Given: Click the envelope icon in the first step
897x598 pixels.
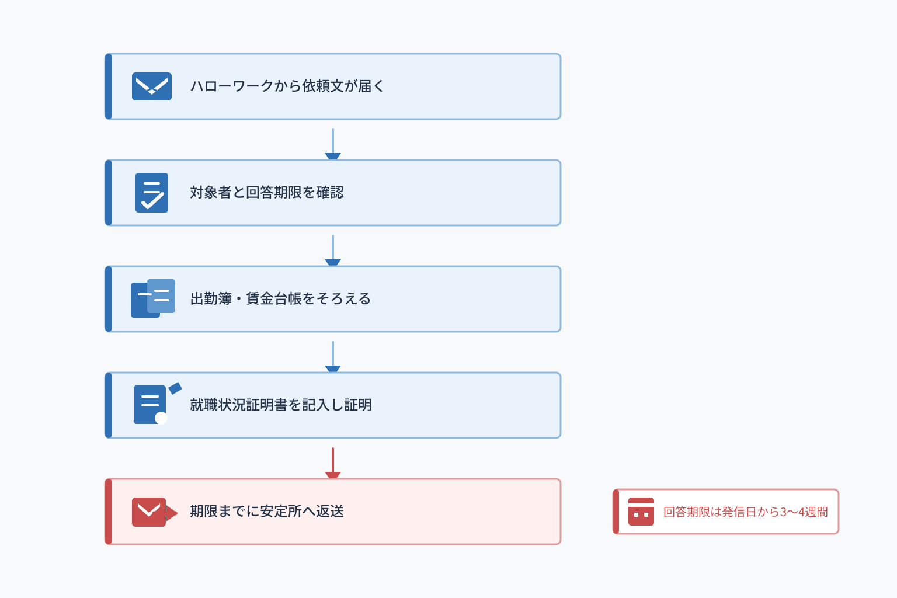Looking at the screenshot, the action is coord(152,86).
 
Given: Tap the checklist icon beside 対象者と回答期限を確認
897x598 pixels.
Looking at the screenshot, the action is coord(152,193).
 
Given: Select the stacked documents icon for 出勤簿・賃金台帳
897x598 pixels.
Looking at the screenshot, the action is coord(153,298).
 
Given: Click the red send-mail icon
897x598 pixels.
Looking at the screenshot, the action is coord(154,512).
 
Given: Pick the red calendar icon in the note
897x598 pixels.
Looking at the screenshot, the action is coord(641,512).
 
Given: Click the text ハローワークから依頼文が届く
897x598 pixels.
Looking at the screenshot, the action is coord(287,86).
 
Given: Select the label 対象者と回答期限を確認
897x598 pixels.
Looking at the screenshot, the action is coord(267,193).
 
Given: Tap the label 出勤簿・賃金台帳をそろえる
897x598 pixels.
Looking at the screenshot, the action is coord(280,299).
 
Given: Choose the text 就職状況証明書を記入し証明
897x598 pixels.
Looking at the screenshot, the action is coord(281,405).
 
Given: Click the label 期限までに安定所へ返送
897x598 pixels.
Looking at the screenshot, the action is coord(267,512).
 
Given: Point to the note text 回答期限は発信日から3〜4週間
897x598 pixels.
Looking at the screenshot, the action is coord(746,512).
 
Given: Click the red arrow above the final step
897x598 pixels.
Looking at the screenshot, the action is coord(333,463).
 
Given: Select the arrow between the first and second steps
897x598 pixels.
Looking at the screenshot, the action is coord(333,144).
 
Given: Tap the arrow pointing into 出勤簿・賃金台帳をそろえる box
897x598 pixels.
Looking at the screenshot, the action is coord(333,251).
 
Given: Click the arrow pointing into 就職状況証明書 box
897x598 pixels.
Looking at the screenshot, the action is coord(333,357).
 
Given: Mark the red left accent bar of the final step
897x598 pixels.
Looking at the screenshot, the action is coord(109,512).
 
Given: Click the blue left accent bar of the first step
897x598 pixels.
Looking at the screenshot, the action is coord(109,86).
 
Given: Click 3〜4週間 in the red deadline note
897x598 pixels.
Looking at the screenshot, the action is coord(804,512).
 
